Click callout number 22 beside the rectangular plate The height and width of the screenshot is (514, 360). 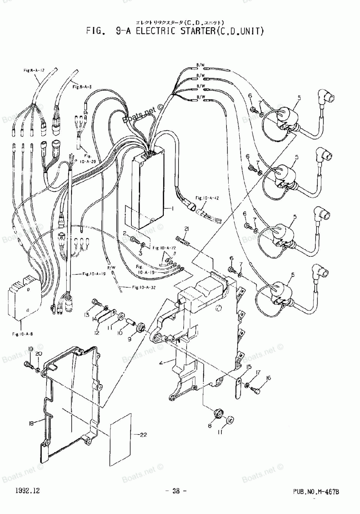(x=143, y=435)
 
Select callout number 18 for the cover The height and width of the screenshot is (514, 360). (x=31, y=424)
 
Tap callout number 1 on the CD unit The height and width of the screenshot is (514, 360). (x=172, y=208)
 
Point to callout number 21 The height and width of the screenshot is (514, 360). (x=186, y=229)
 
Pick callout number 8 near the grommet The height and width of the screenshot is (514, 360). (x=210, y=426)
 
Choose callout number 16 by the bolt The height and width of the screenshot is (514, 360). (x=268, y=378)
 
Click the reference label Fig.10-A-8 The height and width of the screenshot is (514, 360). (x=22, y=335)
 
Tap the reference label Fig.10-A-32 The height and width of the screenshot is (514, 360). (x=144, y=287)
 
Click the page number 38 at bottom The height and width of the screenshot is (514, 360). (x=176, y=491)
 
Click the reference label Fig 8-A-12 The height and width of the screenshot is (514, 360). (x=34, y=70)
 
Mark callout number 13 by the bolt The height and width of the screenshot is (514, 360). (x=87, y=315)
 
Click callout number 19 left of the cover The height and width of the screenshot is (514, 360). (x=31, y=349)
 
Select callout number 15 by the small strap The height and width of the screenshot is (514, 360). (x=249, y=367)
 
